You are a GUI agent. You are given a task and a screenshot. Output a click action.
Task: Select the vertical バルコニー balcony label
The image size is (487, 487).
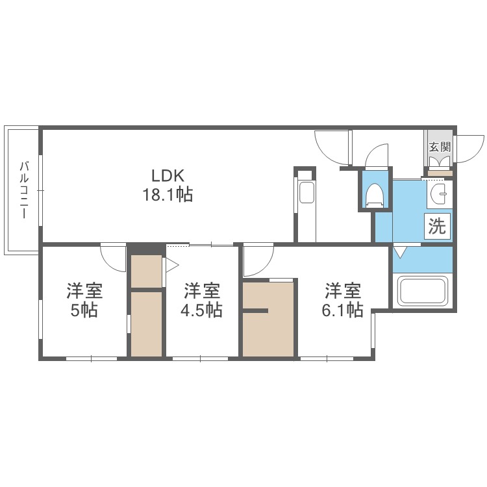23,189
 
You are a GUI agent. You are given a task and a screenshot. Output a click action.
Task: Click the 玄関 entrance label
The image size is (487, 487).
439,147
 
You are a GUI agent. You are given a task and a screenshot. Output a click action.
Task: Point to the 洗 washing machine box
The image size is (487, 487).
437,227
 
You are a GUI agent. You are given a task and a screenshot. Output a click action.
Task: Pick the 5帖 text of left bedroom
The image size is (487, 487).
84,310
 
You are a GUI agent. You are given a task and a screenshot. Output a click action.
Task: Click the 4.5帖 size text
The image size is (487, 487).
201,310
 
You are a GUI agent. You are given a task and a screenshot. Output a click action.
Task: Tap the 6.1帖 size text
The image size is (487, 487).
342,310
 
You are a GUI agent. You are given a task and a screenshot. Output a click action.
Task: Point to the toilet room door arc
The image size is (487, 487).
376,155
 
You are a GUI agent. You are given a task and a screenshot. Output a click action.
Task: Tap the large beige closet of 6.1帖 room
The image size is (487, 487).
269,318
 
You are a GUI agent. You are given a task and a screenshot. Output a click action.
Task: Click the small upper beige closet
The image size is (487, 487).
146,271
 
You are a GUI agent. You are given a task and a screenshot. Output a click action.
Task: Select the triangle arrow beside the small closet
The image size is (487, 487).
171,265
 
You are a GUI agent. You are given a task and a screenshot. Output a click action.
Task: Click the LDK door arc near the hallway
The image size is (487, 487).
332,147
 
